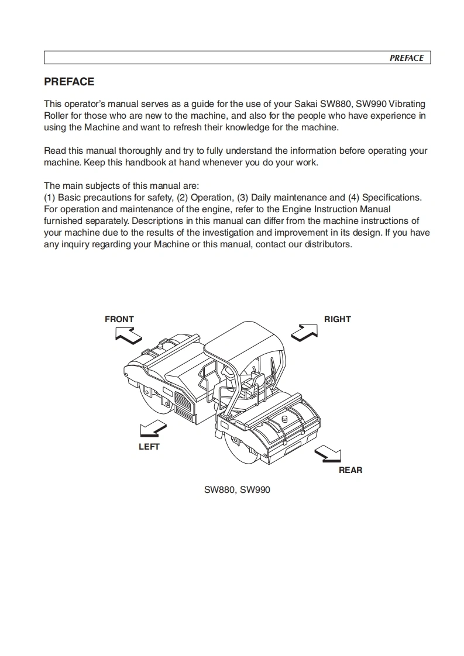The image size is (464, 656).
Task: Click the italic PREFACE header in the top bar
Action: click(406, 58)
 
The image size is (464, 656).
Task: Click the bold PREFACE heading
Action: click(69, 82)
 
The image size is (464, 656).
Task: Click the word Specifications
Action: click(391, 198)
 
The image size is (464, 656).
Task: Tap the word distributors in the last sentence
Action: click(327, 244)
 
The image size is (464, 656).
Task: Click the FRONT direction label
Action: click(119, 319)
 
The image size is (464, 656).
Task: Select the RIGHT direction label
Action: click(338, 319)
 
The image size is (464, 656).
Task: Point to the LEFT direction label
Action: click(149, 447)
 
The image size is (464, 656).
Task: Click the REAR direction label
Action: click(350, 470)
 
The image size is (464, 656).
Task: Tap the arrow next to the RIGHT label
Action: click(304, 331)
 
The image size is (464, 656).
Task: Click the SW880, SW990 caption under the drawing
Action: click(237, 490)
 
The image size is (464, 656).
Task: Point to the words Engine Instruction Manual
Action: click(336, 209)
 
